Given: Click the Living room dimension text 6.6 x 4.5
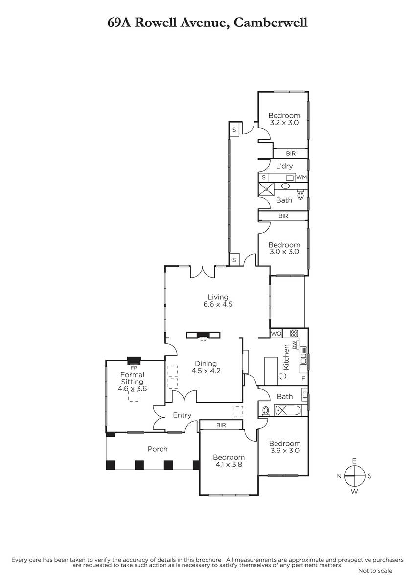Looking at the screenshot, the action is (218, 304).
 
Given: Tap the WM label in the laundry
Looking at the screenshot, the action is (301, 178).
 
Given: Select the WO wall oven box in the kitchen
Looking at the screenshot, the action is (276, 334).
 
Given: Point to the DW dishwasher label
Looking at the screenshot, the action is (294, 344).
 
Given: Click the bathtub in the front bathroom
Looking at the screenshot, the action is (288, 410).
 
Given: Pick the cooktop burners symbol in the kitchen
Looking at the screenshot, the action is (294, 333).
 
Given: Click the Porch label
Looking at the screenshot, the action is (158, 449).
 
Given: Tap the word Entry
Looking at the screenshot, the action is (182, 415).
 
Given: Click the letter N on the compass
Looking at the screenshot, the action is (339, 475).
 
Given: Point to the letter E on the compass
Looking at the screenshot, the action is (354, 461).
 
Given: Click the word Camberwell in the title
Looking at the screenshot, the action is (270, 23).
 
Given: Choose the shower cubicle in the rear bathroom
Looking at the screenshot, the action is (266, 190).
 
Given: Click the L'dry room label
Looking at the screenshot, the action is (284, 166).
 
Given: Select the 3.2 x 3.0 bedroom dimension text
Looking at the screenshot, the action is (284, 123).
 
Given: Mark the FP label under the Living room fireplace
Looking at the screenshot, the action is (203, 340).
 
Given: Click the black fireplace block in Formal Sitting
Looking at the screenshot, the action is (134, 361).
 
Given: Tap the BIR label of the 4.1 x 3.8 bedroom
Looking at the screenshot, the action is (221, 425).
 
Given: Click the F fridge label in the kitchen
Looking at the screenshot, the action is (303, 379).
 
